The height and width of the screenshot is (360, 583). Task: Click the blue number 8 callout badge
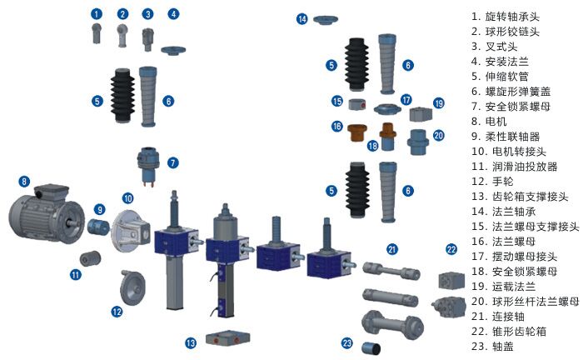tap(24, 182)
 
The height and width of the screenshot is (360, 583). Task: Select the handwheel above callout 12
tap(132, 287)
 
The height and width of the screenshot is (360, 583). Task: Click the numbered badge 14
tap(301, 19)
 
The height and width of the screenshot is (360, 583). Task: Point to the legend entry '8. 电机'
tap(489, 121)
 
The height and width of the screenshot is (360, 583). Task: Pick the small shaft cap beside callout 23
tap(371, 348)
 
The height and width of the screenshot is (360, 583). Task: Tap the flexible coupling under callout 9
tap(98, 226)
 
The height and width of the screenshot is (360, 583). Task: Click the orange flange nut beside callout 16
tap(357, 132)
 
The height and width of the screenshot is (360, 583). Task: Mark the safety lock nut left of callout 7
tap(148, 165)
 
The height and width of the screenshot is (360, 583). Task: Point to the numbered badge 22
tap(451, 249)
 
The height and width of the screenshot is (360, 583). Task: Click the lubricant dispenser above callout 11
tap(90, 258)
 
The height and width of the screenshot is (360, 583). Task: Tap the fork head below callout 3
tap(147, 39)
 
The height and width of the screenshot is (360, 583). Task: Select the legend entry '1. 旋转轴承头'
tap(506, 17)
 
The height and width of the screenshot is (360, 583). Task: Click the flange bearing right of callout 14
tap(326, 19)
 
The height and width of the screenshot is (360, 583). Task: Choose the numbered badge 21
tap(392, 249)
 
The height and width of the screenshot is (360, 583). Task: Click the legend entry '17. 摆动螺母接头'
tap(514, 256)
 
